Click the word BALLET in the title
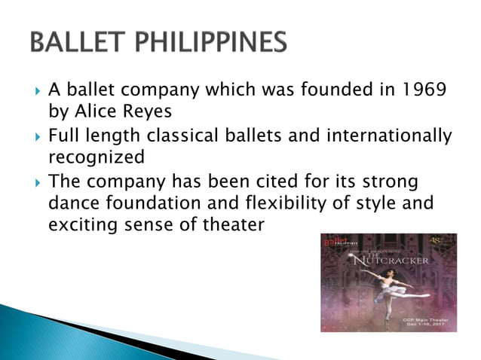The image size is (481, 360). [x=78, y=43]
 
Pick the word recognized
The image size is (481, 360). [x=96, y=159]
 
